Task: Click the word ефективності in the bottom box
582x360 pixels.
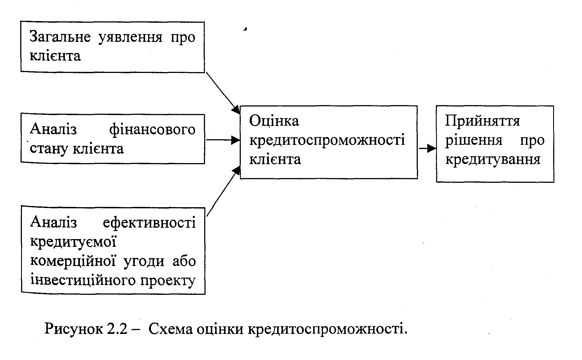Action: click(x=149, y=223)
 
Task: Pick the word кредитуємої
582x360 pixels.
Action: click(x=73, y=242)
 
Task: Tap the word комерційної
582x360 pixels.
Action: click(x=73, y=261)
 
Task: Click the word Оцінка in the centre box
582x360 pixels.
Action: click(x=274, y=121)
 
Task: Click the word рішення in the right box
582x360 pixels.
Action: click(x=474, y=140)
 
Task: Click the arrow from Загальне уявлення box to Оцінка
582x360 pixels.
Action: click(x=223, y=93)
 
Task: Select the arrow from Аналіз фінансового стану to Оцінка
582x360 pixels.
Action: click(x=223, y=140)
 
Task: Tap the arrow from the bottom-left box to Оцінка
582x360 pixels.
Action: click(x=223, y=191)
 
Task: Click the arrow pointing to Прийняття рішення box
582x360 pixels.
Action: click(x=427, y=148)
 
